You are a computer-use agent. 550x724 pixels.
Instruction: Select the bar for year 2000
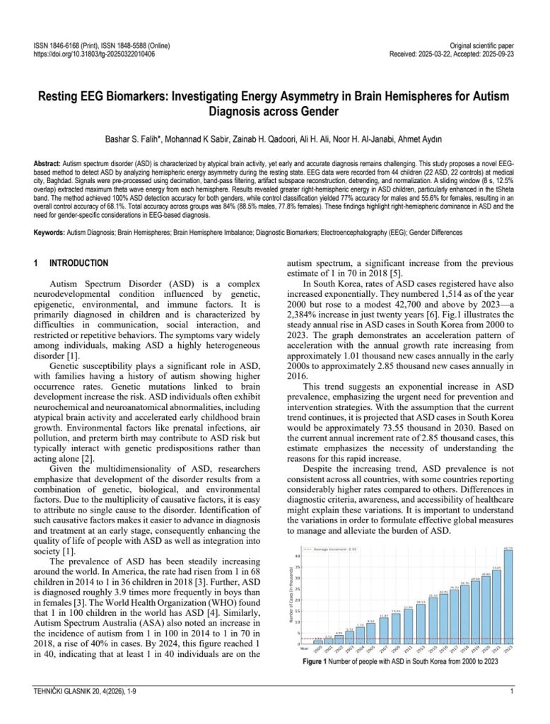[318, 642]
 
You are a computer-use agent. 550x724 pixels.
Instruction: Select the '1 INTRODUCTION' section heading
[71, 263]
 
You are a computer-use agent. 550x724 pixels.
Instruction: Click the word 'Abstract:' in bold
[47, 163]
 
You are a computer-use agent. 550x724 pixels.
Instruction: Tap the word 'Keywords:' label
[49, 233]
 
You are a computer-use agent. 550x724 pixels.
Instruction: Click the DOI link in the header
[94, 54]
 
